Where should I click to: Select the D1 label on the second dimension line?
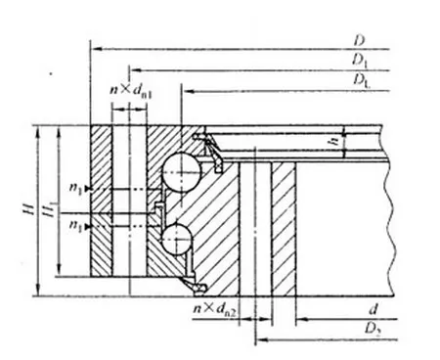(x=360, y=61)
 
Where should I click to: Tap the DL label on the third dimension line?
(x=361, y=80)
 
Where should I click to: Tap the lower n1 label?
(x=77, y=225)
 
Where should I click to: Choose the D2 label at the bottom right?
(x=374, y=336)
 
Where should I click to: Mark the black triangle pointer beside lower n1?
(x=90, y=226)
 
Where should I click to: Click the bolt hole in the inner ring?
(x=255, y=225)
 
